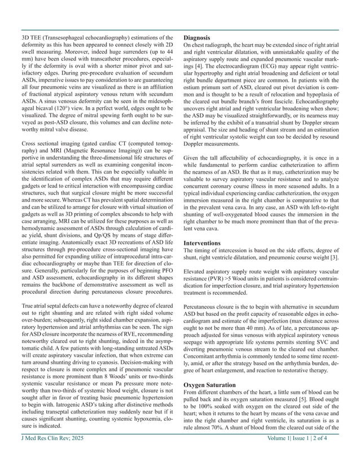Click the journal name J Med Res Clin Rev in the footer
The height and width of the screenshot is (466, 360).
point(44,453)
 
